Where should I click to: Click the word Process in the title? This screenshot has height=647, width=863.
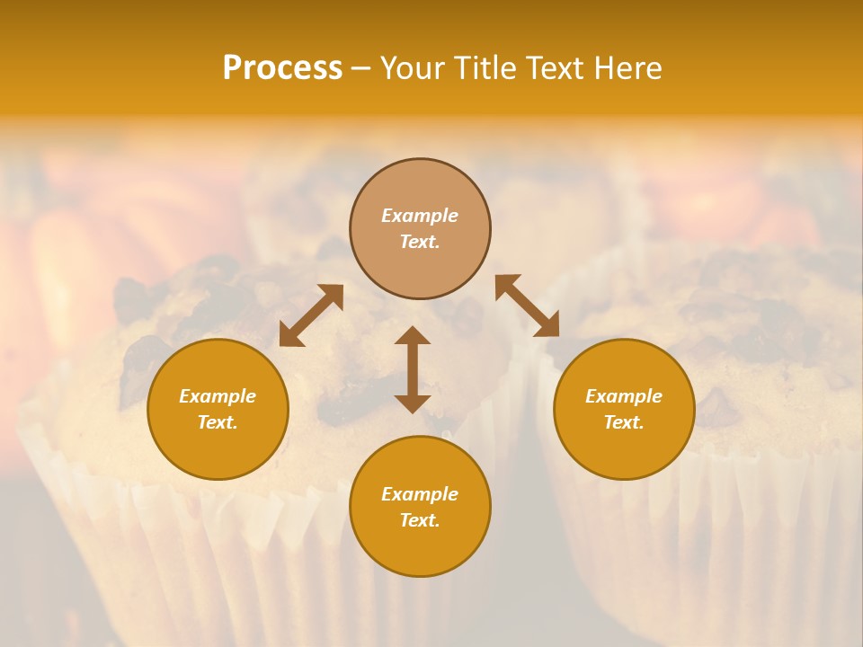pyautogui.click(x=282, y=68)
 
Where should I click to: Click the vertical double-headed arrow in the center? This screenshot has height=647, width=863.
pyautogui.click(x=413, y=369)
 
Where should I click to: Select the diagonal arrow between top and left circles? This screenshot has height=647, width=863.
pyautogui.click(x=311, y=315)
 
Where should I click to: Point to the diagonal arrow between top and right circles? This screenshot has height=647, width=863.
pyautogui.click(x=528, y=306)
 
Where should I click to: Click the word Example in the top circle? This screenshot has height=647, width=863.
pyautogui.click(x=420, y=216)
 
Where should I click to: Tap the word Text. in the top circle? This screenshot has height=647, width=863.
pyautogui.click(x=420, y=242)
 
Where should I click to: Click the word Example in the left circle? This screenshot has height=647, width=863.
pyautogui.click(x=218, y=396)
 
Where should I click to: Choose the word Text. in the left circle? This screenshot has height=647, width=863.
pyautogui.click(x=218, y=422)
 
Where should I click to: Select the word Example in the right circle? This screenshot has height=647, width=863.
pyautogui.click(x=624, y=396)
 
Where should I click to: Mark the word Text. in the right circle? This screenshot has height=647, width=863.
pyautogui.click(x=624, y=422)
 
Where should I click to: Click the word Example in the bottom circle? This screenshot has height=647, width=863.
pyautogui.click(x=420, y=494)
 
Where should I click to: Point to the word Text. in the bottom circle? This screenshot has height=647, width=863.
pyautogui.click(x=420, y=520)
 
